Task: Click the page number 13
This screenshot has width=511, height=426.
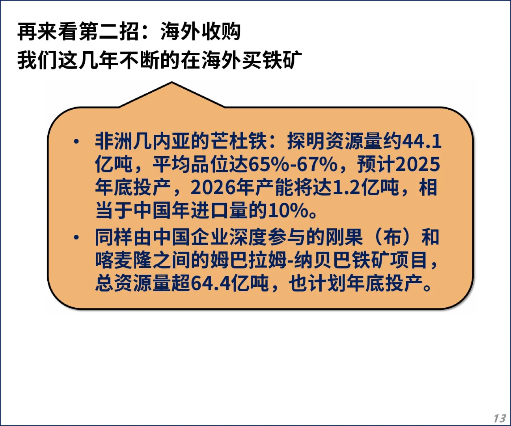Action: click(500, 418)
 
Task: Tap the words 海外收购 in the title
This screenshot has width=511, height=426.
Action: click(200, 32)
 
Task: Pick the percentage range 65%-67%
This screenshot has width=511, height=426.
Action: click(293, 164)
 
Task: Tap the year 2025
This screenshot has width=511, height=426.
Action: click(418, 164)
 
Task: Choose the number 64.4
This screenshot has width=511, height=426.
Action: click(211, 283)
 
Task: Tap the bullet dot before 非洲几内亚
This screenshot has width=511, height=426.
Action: click(76, 142)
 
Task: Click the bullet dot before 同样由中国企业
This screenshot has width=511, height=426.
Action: click(76, 237)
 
